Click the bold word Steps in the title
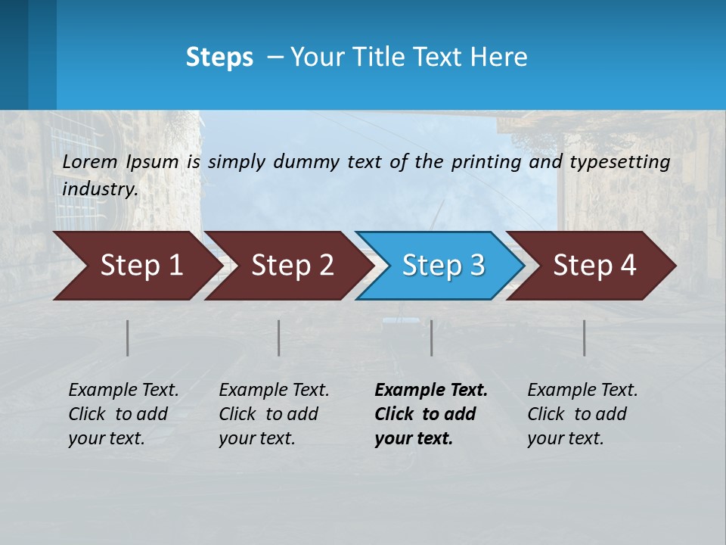coord(219,58)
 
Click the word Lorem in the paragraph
coord(90,161)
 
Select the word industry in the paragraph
coord(100,188)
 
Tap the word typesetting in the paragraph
coord(619,161)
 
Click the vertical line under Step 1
coord(127,338)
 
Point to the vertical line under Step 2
coord(279,338)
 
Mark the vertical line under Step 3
coord(431,338)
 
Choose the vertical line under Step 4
coord(584,338)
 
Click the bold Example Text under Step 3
coord(431,391)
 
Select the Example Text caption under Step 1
coord(123,391)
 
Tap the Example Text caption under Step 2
coord(274,391)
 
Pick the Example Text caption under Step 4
coord(582,391)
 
